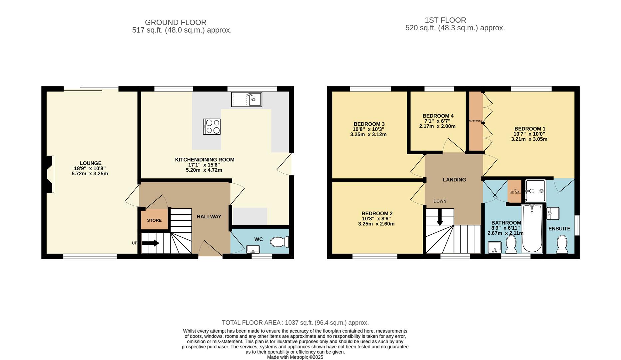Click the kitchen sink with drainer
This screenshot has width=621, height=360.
[x=247, y=99]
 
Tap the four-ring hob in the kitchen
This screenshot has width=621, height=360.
[x=212, y=127]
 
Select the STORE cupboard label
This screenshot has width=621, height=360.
[x=154, y=220]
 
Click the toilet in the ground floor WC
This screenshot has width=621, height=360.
[x=279, y=242]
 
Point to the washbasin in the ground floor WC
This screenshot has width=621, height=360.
[x=253, y=249]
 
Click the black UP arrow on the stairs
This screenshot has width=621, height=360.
[x=150, y=243]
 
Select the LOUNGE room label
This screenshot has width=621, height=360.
[x=90, y=163]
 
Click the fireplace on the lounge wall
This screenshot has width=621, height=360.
[x=50, y=174]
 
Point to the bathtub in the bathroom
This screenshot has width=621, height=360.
[x=532, y=229]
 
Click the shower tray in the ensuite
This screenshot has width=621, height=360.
[x=535, y=191]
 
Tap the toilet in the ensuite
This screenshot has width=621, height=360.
[x=562, y=244]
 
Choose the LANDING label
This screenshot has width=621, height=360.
[x=454, y=180]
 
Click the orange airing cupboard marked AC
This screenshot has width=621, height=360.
[x=514, y=191]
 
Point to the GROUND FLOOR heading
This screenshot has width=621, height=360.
[x=176, y=22]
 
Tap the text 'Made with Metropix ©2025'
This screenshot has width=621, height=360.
[x=295, y=357]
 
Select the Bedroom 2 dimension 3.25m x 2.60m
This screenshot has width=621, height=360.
[x=376, y=224]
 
